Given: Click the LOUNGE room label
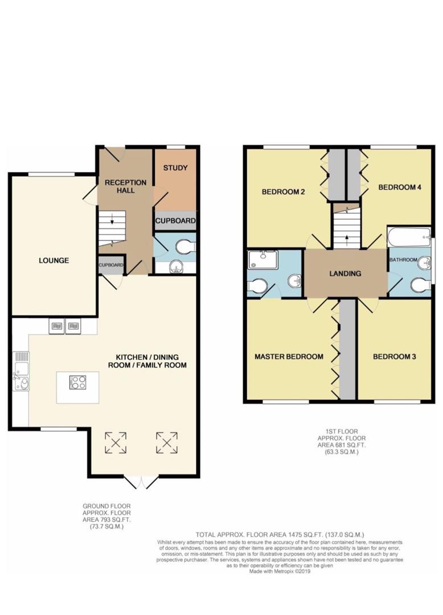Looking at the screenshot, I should point(54,260).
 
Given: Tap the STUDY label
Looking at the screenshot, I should point(175,168).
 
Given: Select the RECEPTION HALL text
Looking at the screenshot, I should point(125,186).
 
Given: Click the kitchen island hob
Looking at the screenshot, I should point(78,382).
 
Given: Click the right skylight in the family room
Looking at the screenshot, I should point(167,442).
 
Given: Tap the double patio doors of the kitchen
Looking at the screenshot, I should point(140,482).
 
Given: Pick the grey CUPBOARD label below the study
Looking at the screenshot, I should point(175,220).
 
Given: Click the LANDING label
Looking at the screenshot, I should point(345,273).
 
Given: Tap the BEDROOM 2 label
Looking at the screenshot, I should point(283,192).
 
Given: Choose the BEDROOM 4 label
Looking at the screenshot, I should point(399,187).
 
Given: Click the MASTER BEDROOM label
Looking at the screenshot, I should point(289,356).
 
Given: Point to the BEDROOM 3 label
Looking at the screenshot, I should point(394,357).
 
